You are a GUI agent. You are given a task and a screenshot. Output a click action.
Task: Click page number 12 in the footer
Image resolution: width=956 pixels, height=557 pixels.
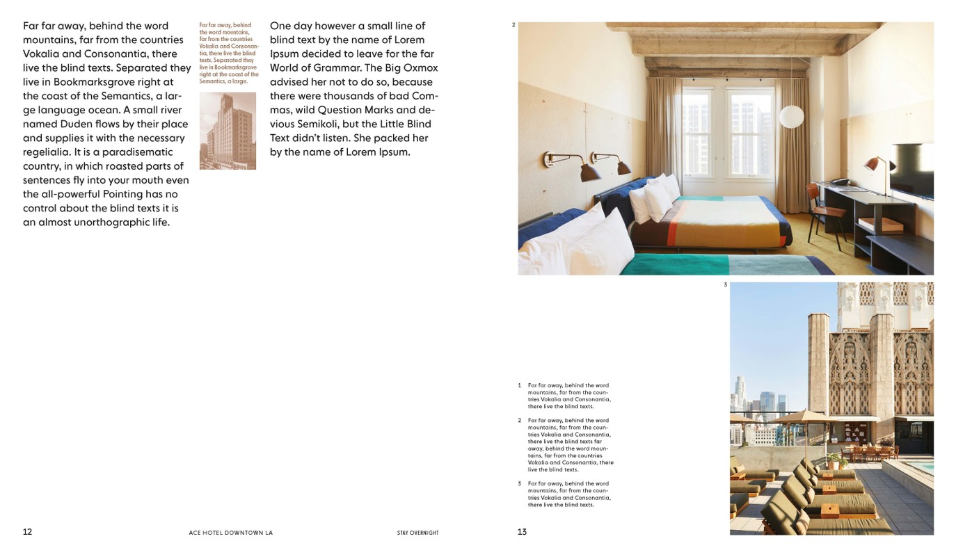pos(27,532)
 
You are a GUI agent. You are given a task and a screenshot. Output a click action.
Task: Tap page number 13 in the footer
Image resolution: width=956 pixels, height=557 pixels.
pos(522,532)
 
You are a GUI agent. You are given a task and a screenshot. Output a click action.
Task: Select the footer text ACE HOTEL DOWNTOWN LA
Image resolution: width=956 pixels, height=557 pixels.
pos(231,533)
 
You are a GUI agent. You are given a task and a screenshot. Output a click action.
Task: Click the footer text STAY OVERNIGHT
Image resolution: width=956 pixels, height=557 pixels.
pos(417,533)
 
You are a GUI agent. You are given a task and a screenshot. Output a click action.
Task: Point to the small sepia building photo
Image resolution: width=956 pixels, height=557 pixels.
pos(228,131)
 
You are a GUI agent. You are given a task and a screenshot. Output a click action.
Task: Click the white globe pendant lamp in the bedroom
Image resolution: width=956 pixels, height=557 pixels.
pos(791,117)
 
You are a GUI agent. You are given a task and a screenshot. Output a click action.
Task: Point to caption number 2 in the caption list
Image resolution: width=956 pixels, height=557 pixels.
pos(519,421)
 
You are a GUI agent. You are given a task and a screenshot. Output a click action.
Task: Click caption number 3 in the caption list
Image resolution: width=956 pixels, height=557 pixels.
pos(519,483)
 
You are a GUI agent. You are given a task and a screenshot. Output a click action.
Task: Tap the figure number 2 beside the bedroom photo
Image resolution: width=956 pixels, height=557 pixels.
pos(513,25)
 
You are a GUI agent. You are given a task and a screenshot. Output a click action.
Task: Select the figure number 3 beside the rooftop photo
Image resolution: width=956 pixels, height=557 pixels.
pos(725,284)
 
